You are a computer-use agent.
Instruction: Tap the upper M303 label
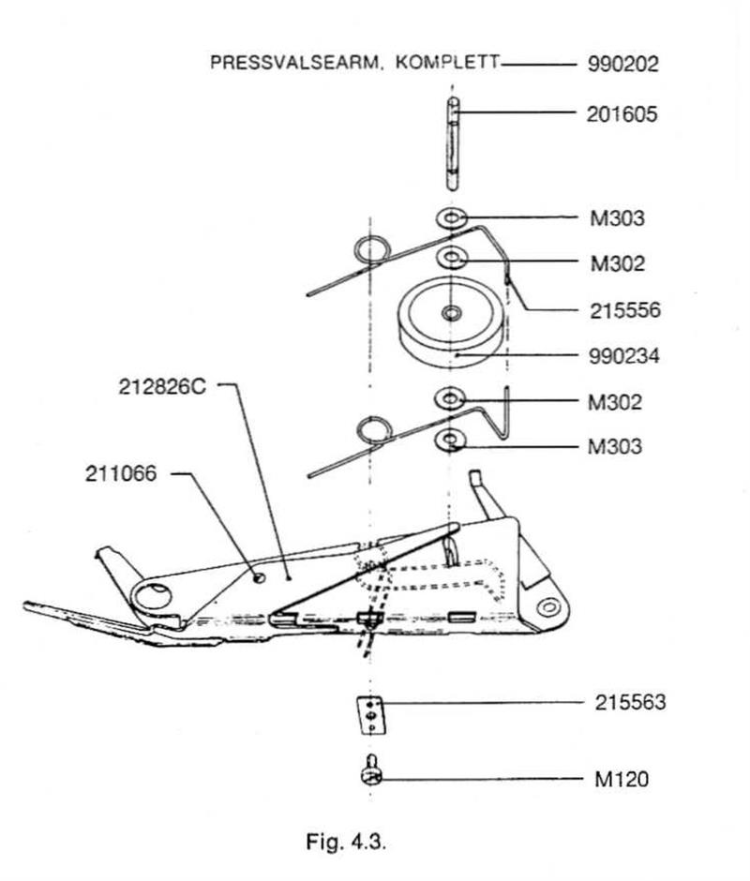[x=618, y=218]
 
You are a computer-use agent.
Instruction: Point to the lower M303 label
[x=615, y=447]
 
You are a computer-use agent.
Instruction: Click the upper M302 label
[x=618, y=263]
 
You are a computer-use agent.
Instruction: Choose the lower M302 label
[x=615, y=403]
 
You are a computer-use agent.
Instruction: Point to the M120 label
[x=621, y=779]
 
